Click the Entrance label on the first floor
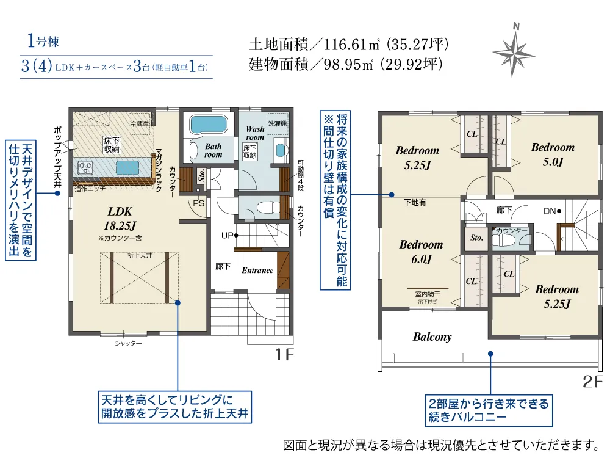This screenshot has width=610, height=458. [257, 270]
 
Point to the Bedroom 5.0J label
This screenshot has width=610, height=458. [553, 154]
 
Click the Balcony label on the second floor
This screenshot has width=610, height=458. [432, 336]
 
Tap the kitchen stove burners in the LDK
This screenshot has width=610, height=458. [85, 167]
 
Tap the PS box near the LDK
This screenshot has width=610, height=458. [199, 203]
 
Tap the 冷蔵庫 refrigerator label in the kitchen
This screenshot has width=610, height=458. [139, 124]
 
